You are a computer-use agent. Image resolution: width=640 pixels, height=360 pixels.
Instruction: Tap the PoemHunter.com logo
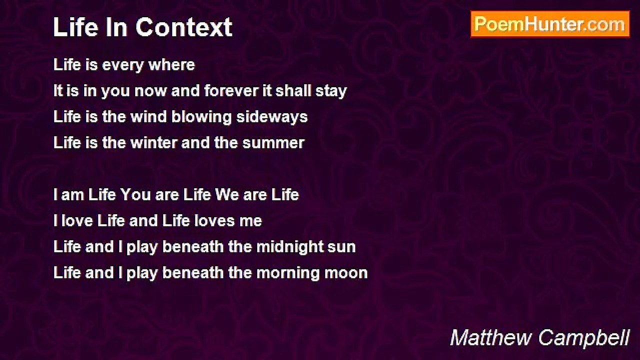549,24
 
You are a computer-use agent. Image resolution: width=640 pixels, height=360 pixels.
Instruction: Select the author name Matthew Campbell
539,338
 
